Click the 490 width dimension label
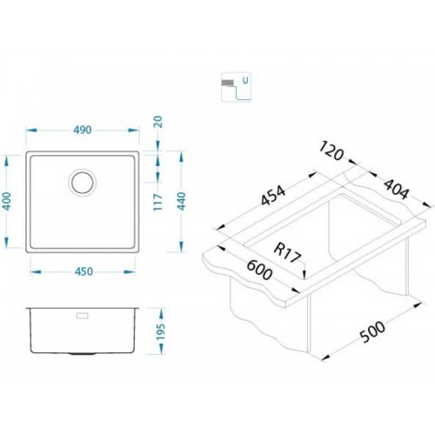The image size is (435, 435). pyautogui.click(x=83, y=130)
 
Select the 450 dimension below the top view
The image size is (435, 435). pyautogui.click(x=84, y=271)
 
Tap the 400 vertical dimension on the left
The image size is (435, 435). pyautogui.click(x=7, y=201)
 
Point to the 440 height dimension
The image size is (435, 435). pyautogui.click(x=181, y=201)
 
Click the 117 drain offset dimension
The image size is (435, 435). pyautogui.click(x=158, y=202)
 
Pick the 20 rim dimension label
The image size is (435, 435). pyautogui.click(x=158, y=122)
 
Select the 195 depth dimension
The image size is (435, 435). pyautogui.click(x=161, y=331)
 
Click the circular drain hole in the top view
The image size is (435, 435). pyautogui.click(x=83, y=183)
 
